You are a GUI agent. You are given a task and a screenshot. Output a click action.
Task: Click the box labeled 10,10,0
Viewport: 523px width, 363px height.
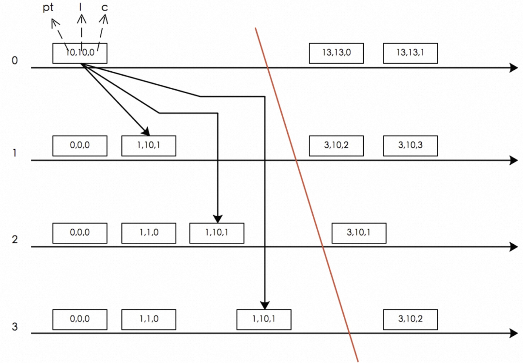tap(80, 53)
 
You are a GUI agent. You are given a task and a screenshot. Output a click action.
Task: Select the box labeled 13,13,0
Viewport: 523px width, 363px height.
tap(336, 53)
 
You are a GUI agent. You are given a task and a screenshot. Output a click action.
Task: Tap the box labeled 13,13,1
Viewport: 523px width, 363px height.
tap(410, 53)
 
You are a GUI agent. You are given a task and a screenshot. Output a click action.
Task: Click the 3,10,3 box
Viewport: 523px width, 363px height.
tap(410, 146)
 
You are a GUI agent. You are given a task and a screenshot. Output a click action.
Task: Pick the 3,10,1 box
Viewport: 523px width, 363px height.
tap(359, 233)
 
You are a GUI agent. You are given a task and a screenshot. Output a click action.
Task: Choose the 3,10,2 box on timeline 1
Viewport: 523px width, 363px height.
tap(336, 146)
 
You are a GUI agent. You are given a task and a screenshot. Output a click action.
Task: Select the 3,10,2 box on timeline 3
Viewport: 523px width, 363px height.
tap(410, 319)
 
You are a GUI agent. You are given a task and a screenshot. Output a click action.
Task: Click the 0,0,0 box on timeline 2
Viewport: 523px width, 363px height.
tap(80, 233)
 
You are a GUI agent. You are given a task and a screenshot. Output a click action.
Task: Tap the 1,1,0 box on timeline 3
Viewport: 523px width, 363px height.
tap(149, 319)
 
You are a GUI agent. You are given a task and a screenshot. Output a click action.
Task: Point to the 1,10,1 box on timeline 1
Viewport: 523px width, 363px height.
tap(149, 146)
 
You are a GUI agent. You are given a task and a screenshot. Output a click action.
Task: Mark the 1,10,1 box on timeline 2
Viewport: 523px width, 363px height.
tap(216, 233)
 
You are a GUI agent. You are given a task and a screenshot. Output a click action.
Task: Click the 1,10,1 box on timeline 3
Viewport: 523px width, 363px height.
tap(264, 319)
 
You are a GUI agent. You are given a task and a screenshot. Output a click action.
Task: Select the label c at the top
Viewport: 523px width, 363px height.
tap(105, 8)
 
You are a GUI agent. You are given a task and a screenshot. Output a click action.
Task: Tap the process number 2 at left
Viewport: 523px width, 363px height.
tap(15, 239)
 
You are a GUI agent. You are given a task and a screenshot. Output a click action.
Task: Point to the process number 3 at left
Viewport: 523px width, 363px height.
tap(15, 327)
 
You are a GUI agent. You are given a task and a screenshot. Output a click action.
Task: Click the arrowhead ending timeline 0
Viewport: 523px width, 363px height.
tap(514, 68)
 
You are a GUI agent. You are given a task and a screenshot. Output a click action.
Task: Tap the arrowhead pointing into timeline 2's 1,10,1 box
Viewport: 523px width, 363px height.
tap(217, 219)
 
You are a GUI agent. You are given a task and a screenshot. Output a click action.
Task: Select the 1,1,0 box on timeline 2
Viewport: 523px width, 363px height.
tap(149, 233)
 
